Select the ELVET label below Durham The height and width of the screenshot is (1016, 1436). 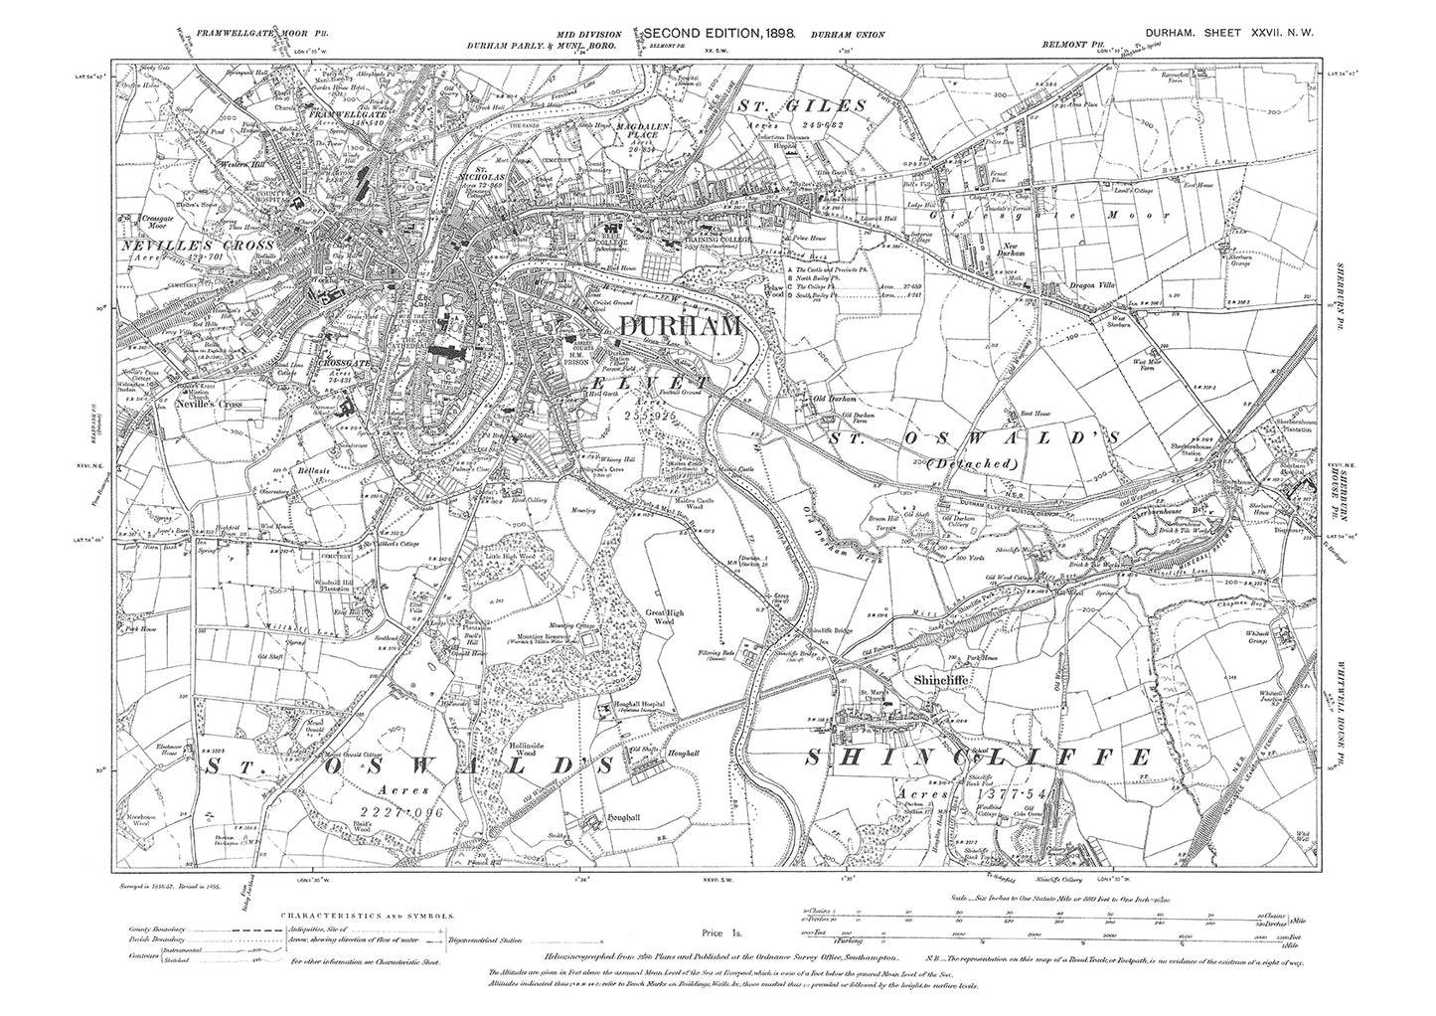(x=651, y=381)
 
